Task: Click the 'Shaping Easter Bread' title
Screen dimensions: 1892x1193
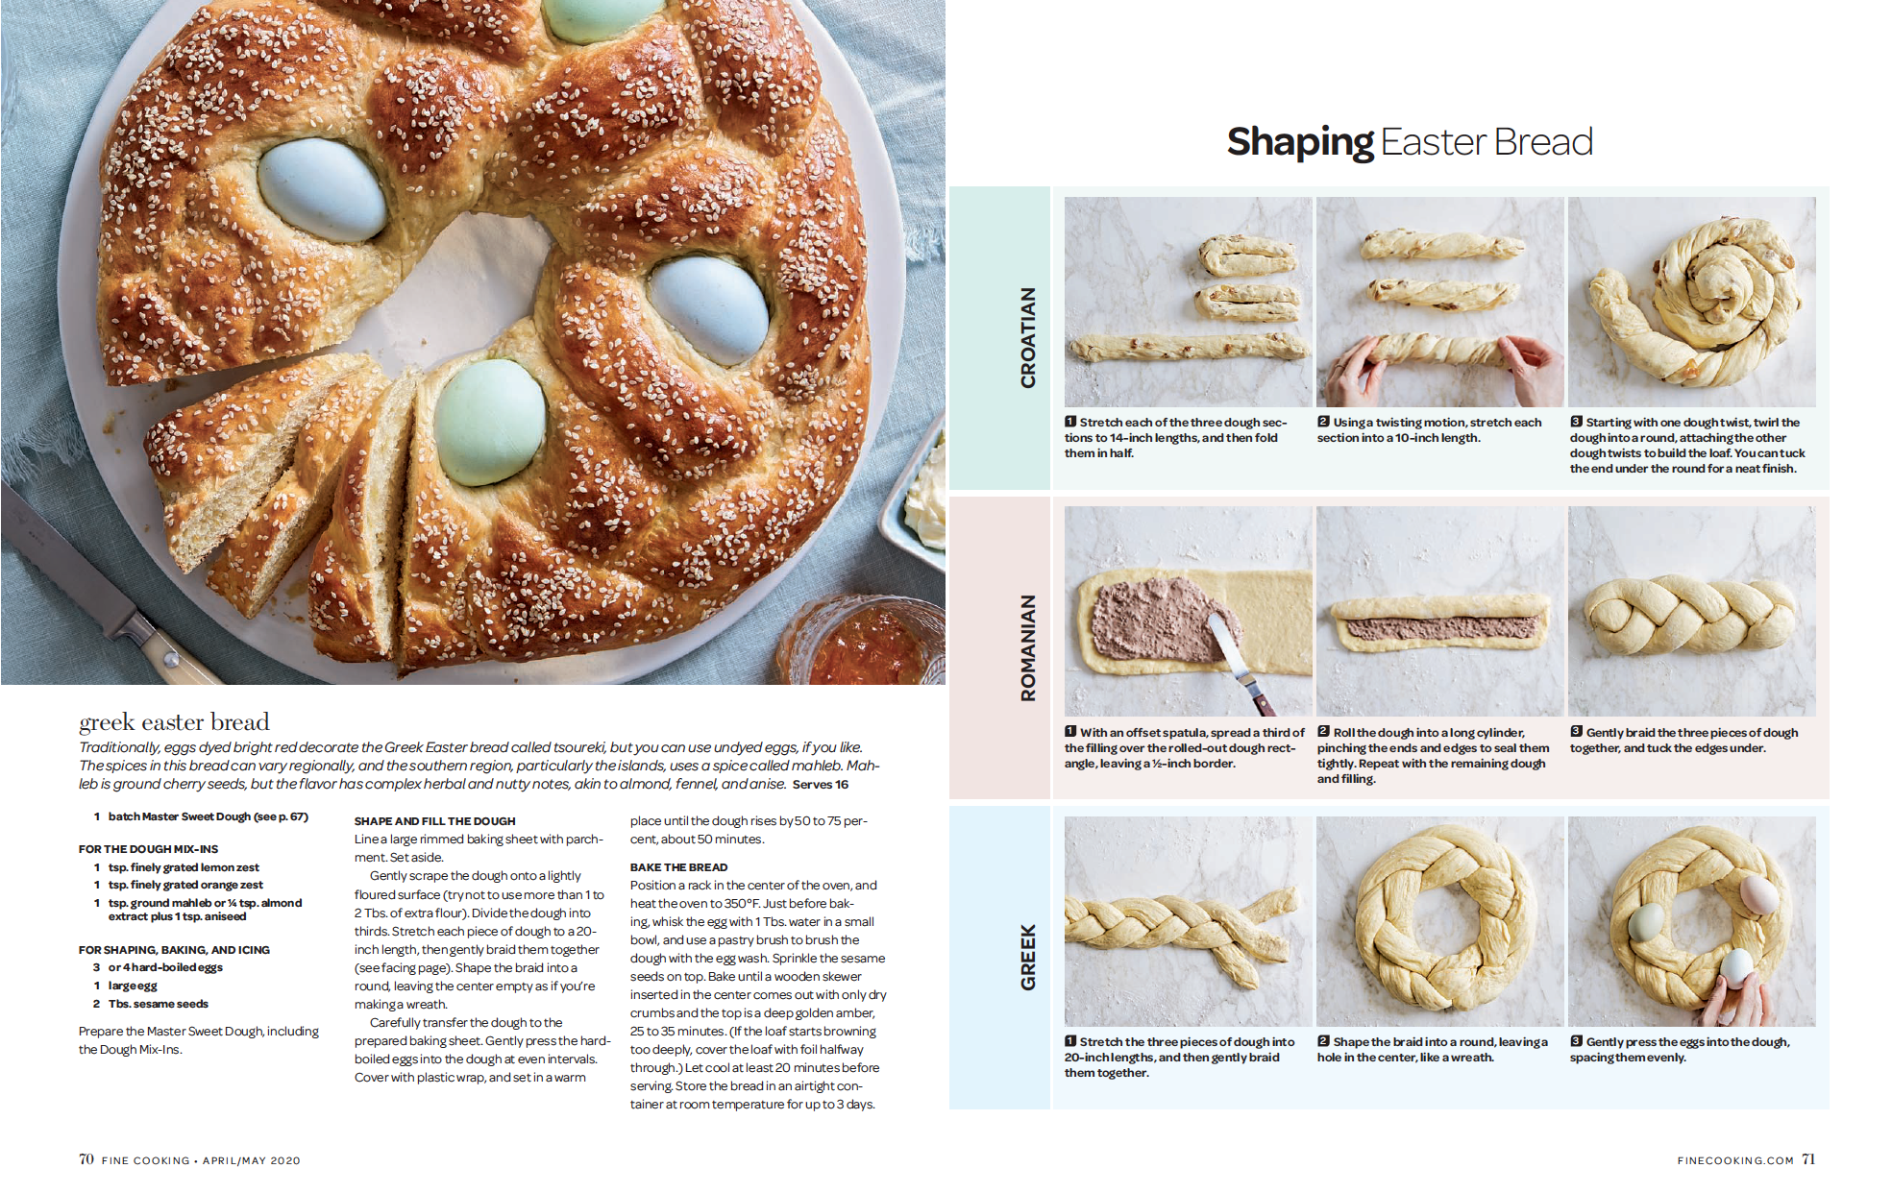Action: (x=1410, y=142)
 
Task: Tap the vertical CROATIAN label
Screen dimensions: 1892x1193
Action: (x=1028, y=337)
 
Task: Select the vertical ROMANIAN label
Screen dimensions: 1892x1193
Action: (x=1028, y=647)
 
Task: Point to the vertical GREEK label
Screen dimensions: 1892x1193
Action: (x=1028, y=957)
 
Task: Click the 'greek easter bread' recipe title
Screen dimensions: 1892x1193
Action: (x=174, y=722)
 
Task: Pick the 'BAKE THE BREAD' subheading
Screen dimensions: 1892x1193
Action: (x=678, y=867)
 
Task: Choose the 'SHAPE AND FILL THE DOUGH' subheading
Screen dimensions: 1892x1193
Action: (x=434, y=821)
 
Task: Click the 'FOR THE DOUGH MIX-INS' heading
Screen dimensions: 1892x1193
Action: (x=148, y=849)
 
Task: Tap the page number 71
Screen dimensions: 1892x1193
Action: (x=1808, y=1159)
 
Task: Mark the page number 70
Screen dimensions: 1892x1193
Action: (x=86, y=1159)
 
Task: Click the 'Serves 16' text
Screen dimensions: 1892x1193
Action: (x=821, y=785)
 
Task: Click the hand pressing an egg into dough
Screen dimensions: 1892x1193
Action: (x=1737, y=996)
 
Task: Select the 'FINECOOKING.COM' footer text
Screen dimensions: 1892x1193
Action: (x=1735, y=1160)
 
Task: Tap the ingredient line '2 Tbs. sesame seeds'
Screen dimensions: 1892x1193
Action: (x=151, y=1004)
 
